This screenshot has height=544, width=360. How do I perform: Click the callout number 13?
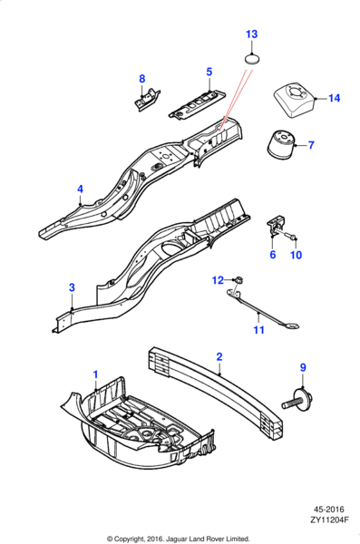pos(252,34)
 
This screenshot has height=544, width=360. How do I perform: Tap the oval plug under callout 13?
pos(252,59)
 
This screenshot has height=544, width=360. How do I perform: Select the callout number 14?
pos(334,98)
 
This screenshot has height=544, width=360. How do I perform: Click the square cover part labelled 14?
pos(295,101)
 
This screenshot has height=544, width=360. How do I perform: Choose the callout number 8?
pos(142,79)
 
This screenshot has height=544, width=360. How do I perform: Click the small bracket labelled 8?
pos(147,100)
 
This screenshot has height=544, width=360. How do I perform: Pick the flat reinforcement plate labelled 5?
pos(197,105)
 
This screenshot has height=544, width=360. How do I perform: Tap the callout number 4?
pos(80,189)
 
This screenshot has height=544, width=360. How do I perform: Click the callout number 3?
pos(72,287)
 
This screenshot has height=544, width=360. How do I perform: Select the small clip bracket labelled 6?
pos(276,226)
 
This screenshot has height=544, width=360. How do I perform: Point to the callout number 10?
pos(297,255)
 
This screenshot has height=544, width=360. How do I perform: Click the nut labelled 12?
pos(238,279)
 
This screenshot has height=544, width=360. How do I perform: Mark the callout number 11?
pos(259,330)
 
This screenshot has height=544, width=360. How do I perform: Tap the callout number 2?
pos(219,356)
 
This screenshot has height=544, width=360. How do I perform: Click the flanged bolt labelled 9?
pos(297,400)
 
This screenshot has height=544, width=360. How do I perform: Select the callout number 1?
pos(95,374)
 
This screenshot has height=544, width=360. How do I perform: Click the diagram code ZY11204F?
pos(329,520)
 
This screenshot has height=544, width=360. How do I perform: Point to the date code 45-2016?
pos(329,510)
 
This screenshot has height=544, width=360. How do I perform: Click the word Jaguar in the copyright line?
pos(176,539)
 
